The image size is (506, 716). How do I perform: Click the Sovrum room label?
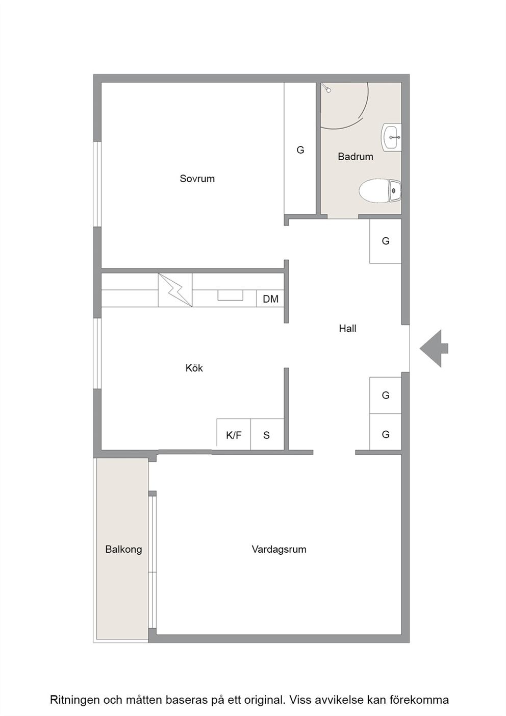[197, 178]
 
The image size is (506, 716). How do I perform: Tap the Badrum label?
[356, 157]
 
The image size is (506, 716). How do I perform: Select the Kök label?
[194, 368]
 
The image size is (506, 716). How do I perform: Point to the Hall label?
[347, 328]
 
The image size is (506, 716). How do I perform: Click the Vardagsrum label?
[279, 549]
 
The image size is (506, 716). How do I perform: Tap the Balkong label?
[123, 550]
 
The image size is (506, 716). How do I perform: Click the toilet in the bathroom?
[380, 191]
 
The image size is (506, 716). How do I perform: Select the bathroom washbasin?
[391, 137]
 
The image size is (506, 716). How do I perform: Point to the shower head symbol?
[326, 88]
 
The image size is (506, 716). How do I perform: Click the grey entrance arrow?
[434, 349]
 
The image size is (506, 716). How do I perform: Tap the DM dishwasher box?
[270, 299]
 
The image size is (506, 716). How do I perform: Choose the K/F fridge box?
[234, 434]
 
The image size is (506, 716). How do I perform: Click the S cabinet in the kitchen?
[267, 434]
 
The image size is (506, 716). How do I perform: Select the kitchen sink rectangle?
[231, 295]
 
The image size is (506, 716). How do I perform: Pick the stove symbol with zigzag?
[175, 290]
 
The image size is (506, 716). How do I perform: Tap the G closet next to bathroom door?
[385, 241]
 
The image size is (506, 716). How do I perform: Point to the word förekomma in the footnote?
[419, 690]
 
